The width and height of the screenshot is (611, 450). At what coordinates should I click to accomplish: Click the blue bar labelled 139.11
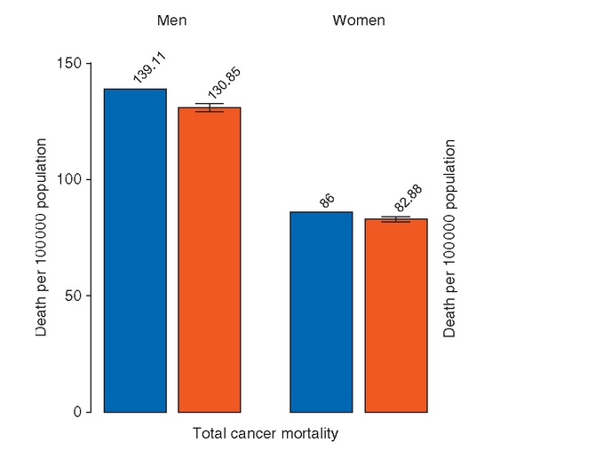[x=135, y=250]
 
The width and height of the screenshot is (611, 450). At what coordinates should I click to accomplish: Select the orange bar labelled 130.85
[x=210, y=259]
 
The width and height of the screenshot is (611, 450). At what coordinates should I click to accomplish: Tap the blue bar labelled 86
[x=321, y=312]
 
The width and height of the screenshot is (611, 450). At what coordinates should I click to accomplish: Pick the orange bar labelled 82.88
[x=396, y=315]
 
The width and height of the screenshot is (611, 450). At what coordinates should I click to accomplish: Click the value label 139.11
[x=149, y=68]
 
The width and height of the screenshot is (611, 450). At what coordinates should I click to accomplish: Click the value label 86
[x=327, y=201]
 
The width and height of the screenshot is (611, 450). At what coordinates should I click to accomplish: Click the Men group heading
[x=171, y=20]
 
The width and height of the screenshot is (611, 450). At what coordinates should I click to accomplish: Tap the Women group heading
[x=359, y=20]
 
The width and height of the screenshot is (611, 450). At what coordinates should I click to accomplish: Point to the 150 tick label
[x=74, y=64]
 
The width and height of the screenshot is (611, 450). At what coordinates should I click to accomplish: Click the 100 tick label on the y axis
[x=74, y=179]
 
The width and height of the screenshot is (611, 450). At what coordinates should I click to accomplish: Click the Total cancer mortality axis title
[x=265, y=434]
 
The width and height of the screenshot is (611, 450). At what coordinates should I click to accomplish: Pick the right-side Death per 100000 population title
[x=450, y=238]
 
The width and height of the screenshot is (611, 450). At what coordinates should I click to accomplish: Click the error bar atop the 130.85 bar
[x=210, y=107]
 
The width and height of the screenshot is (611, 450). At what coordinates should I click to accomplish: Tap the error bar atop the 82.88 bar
[x=396, y=219]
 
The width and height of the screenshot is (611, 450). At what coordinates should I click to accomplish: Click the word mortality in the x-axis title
[x=310, y=434]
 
